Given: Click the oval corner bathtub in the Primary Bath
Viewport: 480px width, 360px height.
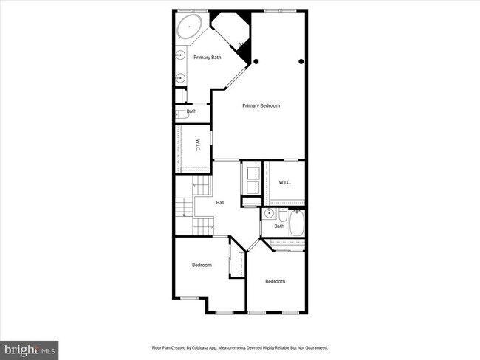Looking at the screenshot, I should (190, 29).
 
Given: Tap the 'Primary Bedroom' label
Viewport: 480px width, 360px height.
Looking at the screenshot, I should (261, 106).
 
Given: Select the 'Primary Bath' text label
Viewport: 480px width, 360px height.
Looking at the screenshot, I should (208, 58).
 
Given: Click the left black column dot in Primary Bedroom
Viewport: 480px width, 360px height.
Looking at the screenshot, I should (256, 61).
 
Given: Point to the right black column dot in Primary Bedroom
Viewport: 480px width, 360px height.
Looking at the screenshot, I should (301, 61).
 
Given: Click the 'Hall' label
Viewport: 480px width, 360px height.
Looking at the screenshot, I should (220, 203).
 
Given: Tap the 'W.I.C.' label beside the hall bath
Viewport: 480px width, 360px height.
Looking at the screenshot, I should (284, 182).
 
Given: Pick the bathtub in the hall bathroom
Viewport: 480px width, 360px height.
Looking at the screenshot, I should (297, 223).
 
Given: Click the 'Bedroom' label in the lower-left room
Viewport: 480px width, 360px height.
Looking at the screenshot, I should (202, 265).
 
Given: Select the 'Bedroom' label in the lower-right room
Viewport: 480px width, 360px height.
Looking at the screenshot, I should (275, 281).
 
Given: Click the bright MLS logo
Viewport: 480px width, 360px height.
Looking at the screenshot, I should (30, 347).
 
